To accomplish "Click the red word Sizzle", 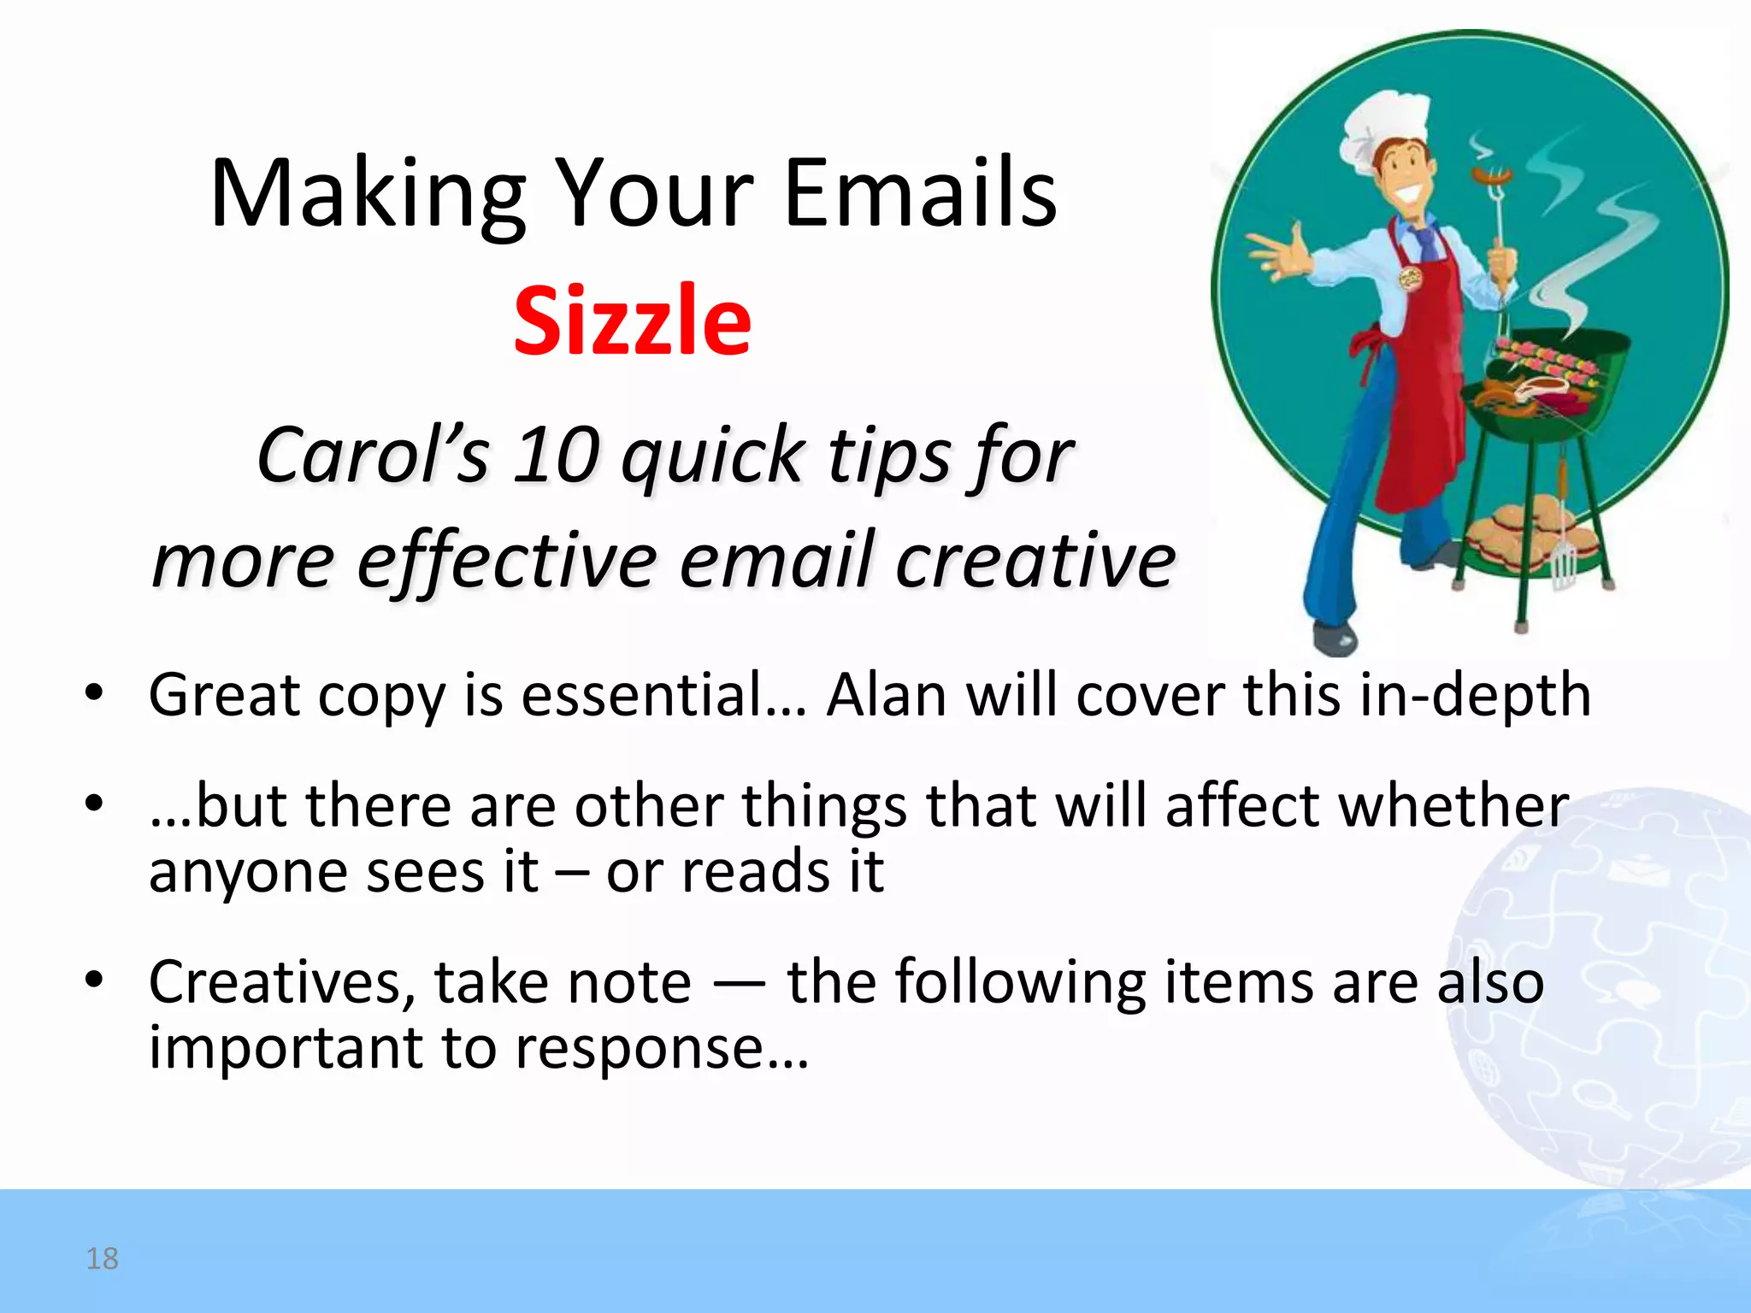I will point(632,321).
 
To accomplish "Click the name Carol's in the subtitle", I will point(374,456).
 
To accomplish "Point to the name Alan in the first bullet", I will point(887,694).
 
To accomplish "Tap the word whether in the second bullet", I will point(1453,805).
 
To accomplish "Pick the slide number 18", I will point(103,1258).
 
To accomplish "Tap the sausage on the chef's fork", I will point(1492,178).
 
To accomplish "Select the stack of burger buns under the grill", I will point(1518,534).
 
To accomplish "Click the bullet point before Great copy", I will point(94,692).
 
